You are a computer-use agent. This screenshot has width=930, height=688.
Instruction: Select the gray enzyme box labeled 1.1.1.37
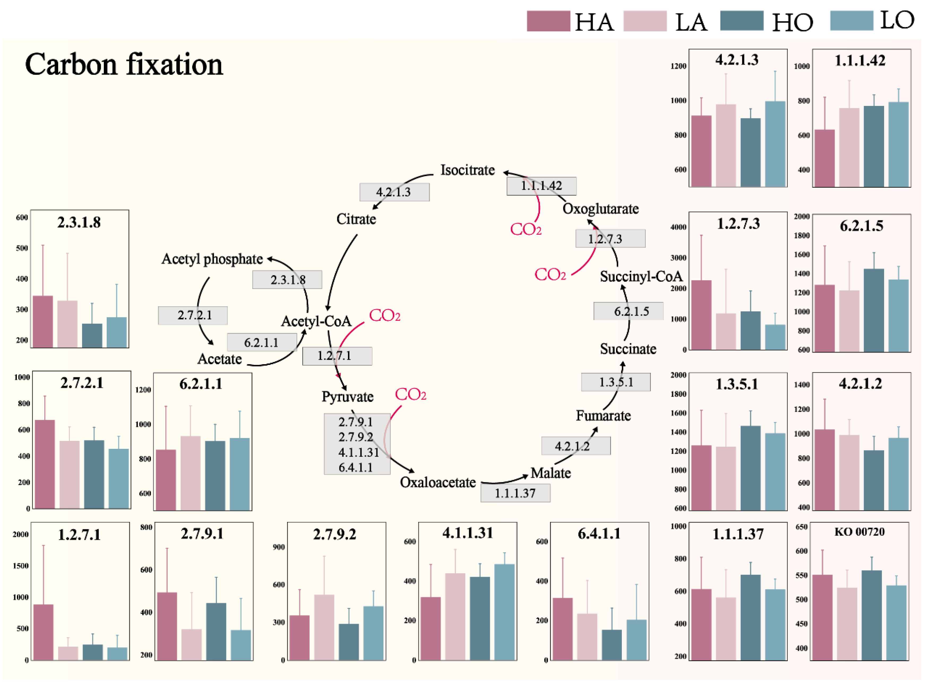pyautogui.click(x=515, y=493)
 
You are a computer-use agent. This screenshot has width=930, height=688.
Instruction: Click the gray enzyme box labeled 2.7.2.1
pyautogui.click(x=193, y=315)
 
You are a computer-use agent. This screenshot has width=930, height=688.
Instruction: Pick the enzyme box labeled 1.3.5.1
pyautogui.click(x=615, y=382)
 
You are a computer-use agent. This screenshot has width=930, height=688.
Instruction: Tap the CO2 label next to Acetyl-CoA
pyautogui.click(x=384, y=316)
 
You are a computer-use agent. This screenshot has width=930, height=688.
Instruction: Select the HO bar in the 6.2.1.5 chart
pyautogui.click(x=873, y=310)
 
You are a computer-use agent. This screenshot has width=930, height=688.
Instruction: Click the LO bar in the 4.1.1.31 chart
pyautogui.click(x=504, y=612)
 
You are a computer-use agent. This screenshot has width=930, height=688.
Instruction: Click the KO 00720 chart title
pyautogui.click(x=859, y=532)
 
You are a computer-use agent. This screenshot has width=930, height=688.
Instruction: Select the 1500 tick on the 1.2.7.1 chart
pyautogui.click(x=21, y=566)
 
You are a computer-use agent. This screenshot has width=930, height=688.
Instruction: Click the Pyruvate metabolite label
pyautogui.click(x=347, y=397)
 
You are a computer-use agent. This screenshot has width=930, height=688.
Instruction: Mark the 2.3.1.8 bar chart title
pyautogui.click(x=79, y=222)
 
